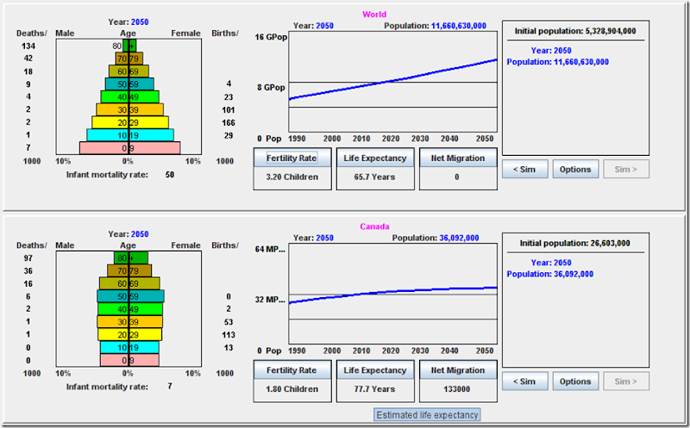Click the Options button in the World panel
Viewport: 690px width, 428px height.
click(x=575, y=169)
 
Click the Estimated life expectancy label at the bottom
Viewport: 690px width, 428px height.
click(x=427, y=415)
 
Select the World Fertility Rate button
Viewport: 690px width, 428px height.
click(x=292, y=158)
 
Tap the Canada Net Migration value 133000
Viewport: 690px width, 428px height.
click(x=457, y=389)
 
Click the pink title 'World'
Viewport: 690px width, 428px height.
click(x=374, y=14)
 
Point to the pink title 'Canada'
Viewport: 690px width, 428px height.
click(x=374, y=226)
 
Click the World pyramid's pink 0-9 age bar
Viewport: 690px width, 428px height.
click(x=130, y=148)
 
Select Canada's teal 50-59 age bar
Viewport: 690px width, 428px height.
click(x=131, y=296)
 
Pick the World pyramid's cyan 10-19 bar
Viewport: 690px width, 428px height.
click(x=130, y=135)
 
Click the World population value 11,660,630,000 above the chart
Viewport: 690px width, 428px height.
click(x=459, y=26)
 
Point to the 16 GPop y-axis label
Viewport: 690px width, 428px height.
click(x=271, y=37)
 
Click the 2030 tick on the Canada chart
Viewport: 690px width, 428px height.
click(x=420, y=350)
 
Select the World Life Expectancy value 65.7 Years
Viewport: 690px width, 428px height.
click(x=374, y=177)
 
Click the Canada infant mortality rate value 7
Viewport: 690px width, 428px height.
click(x=170, y=387)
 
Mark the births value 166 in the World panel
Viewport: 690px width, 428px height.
click(x=229, y=122)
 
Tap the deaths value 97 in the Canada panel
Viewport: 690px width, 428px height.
click(x=28, y=258)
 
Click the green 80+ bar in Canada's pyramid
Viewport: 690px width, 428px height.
click(x=131, y=258)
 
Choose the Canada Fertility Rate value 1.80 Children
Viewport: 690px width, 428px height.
click(x=292, y=389)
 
